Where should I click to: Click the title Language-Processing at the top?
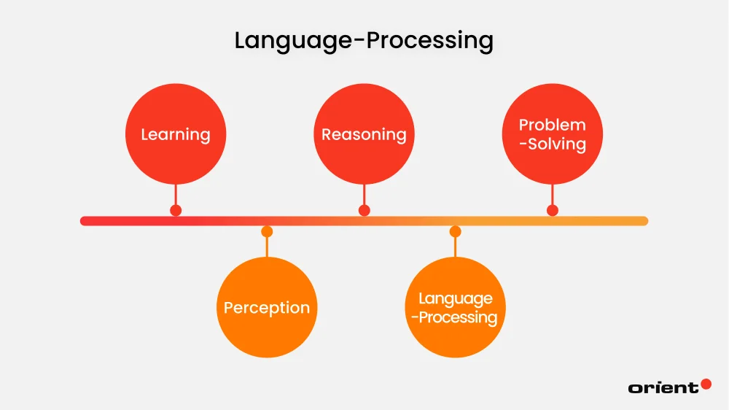364,40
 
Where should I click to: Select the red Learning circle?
175,134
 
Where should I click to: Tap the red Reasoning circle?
364,134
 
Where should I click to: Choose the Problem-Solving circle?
552,134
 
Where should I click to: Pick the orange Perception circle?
267,307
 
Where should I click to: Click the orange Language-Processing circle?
455,307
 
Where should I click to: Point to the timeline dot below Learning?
176,210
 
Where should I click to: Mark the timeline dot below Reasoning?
364,210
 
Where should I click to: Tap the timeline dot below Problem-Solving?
553,210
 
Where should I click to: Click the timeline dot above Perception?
267,232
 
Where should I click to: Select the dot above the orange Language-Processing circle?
455,232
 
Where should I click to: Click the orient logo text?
663,387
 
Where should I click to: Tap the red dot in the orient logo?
706,384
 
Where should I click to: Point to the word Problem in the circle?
552,125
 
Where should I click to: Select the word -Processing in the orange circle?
456,317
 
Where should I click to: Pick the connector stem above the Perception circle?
267,247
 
